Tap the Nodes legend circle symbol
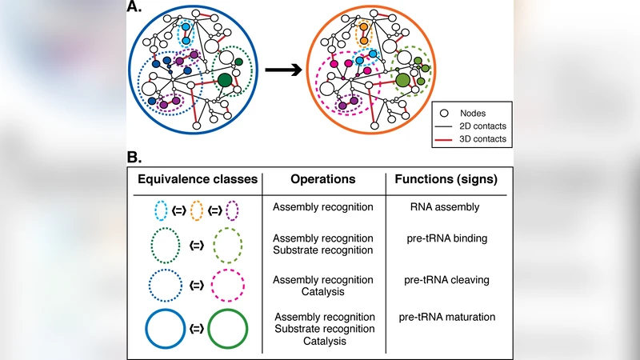click(449, 112)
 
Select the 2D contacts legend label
click(483, 126)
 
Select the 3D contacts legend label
click(483, 139)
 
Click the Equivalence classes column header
click(198, 178)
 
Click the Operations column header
click(323, 178)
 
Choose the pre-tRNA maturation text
click(447, 318)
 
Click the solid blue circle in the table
click(167, 329)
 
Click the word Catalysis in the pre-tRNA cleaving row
click(322, 292)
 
